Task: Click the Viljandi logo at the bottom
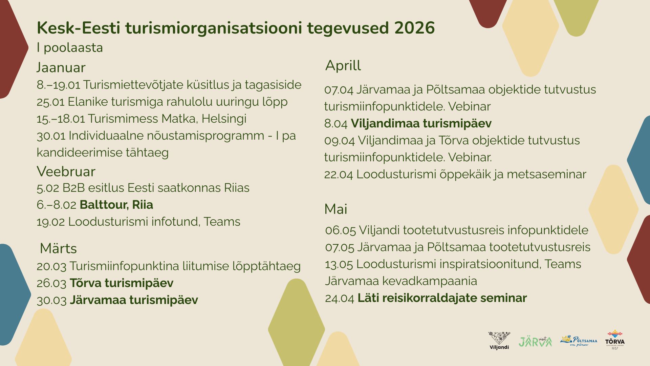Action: point(499,341)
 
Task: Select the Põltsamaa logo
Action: point(579,341)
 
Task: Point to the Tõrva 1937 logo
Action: point(615,340)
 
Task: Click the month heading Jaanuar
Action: point(61,67)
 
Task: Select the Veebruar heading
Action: point(66,171)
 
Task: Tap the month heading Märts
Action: point(58,248)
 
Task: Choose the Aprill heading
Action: point(343,65)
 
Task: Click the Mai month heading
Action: point(336,209)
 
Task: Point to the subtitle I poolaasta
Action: point(70,48)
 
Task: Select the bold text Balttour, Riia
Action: point(116,205)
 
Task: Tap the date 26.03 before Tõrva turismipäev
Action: point(51,283)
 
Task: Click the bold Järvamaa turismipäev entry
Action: point(134,300)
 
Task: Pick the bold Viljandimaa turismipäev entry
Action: point(421,124)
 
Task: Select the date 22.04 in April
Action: point(339,175)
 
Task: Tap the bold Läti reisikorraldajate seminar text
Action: point(442,298)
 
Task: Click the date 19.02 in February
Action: point(51,222)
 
